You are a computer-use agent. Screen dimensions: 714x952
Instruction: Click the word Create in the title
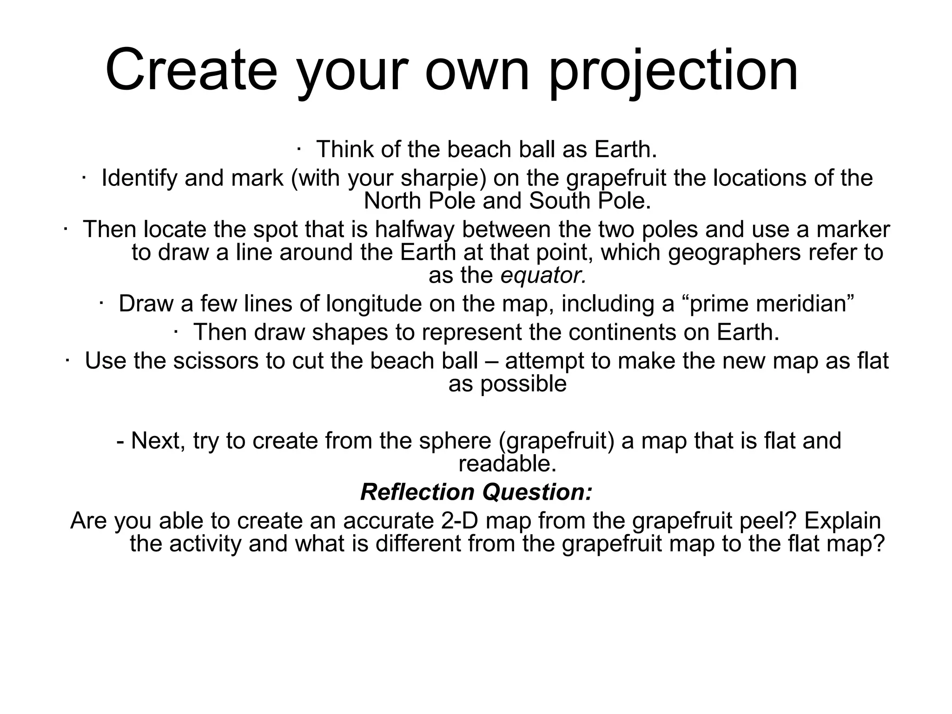tap(191, 71)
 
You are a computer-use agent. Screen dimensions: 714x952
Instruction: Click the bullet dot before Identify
tap(84, 177)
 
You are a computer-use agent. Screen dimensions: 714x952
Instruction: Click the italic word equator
tap(543, 276)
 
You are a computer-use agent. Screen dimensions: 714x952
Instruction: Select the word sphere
tap(455, 441)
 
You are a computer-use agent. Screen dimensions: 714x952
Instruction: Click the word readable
tap(507, 464)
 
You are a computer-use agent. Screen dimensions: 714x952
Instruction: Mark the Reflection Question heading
tap(476, 492)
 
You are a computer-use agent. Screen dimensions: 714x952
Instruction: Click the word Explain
tap(842, 521)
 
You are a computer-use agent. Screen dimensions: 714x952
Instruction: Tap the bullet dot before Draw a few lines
tap(101, 303)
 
